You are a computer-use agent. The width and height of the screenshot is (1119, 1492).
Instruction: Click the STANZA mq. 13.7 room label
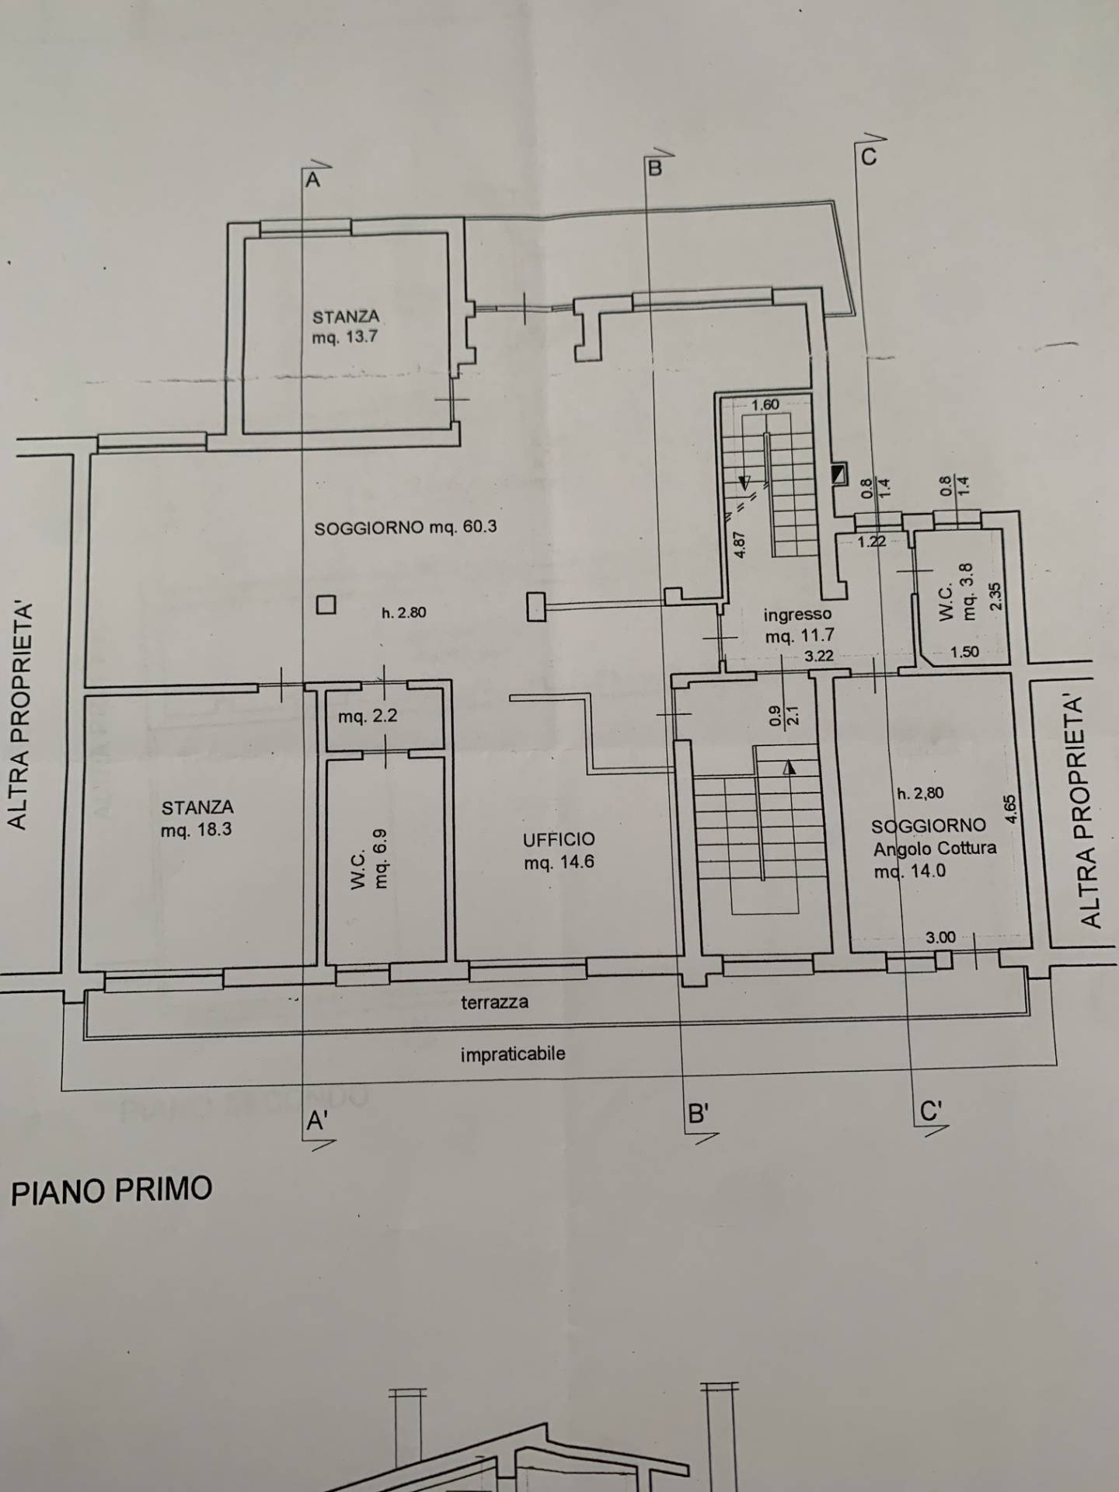pyautogui.click(x=346, y=327)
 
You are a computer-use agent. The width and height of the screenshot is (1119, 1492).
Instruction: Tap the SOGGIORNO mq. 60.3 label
pyautogui.click(x=405, y=528)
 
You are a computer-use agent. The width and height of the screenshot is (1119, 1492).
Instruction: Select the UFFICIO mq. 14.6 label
pyautogui.click(x=559, y=850)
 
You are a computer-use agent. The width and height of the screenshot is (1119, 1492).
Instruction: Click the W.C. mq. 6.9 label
pyautogui.click(x=370, y=858)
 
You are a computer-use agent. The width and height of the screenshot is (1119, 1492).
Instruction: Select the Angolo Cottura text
pyautogui.click(x=935, y=848)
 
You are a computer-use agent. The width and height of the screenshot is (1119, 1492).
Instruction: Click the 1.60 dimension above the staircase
pyautogui.click(x=765, y=405)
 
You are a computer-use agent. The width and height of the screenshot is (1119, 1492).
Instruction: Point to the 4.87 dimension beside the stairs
pyautogui.click(x=741, y=544)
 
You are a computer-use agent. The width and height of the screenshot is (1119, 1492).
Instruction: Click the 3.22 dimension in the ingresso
pyautogui.click(x=818, y=656)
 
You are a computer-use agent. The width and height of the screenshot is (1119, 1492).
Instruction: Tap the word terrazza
pyautogui.click(x=494, y=1002)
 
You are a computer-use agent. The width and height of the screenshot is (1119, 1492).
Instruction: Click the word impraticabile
pyautogui.click(x=512, y=1055)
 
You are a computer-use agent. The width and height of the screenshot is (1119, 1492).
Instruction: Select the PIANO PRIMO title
pyautogui.click(x=111, y=1190)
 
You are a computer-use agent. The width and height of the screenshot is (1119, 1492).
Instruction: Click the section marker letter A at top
pyautogui.click(x=312, y=180)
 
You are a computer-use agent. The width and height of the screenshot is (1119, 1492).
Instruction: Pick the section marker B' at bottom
pyautogui.click(x=698, y=1115)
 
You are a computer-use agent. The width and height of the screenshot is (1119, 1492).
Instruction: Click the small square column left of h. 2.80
pyautogui.click(x=326, y=605)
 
